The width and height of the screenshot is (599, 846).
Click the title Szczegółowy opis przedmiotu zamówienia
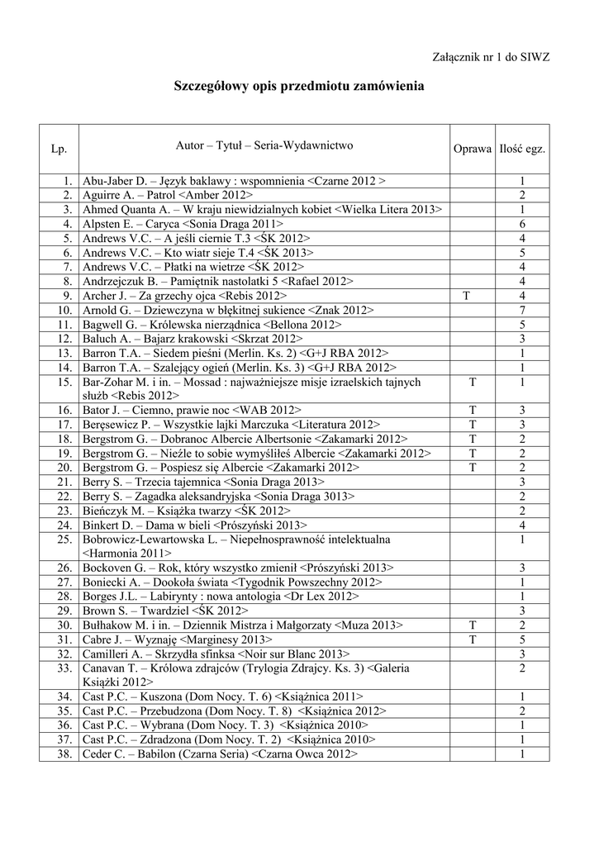[299, 86]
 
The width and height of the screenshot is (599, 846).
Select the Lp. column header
[59, 149]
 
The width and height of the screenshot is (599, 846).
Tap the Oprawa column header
[472, 149]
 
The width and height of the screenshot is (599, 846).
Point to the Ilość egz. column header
[522, 149]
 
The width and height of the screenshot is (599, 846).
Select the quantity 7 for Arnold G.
[522, 310]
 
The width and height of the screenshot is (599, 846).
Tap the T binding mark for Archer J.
[472, 295]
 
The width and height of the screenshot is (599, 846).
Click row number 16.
[65, 410]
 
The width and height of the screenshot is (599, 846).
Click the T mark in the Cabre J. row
[472, 639]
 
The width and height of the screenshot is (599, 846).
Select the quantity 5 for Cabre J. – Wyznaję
[522, 639]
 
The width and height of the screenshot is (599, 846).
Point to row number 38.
[65, 754]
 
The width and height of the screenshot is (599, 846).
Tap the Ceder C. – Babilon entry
[220, 754]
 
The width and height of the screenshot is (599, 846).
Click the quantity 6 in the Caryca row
[522, 224]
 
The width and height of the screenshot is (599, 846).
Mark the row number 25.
[65, 539]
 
